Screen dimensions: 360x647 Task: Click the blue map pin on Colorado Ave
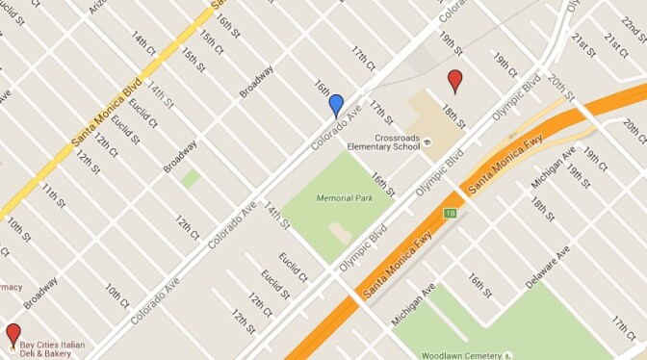pyautogui.click(x=336, y=105)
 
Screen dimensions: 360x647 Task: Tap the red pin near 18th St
pyautogui.click(x=455, y=81)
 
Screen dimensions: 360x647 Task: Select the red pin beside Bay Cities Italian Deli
pyautogui.click(x=13, y=335)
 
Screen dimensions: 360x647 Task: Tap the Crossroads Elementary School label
pyautogui.click(x=398, y=142)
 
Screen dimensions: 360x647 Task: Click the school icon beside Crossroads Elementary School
pyautogui.click(x=428, y=142)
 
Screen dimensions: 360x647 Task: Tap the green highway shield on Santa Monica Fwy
pyautogui.click(x=449, y=212)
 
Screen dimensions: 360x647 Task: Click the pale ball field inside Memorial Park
pyautogui.click(x=340, y=232)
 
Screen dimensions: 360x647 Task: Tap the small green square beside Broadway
pyautogui.click(x=191, y=178)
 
